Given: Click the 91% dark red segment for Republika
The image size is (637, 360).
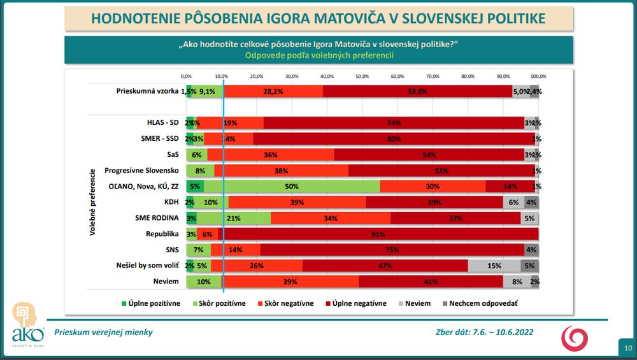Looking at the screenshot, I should (x=379, y=234).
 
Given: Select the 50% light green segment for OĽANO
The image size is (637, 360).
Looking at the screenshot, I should (x=291, y=187).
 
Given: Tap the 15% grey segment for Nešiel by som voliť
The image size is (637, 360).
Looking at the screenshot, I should (x=494, y=266).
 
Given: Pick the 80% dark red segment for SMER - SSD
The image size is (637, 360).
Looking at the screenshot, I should (x=394, y=139).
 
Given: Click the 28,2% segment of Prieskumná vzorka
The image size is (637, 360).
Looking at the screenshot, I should (x=273, y=91).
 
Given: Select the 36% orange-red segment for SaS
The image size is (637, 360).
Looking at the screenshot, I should (x=271, y=155).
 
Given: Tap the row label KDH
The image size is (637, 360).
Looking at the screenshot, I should (x=169, y=202).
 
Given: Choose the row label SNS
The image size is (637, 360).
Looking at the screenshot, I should (x=170, y=250).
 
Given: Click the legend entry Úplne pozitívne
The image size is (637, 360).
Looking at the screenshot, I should (x=151, y=304).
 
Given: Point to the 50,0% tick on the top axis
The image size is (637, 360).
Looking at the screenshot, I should (x=362, y=76).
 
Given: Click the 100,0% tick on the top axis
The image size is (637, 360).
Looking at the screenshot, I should (x=538, y=76).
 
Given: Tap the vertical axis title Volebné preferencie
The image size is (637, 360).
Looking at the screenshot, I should (x=92, y=202).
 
